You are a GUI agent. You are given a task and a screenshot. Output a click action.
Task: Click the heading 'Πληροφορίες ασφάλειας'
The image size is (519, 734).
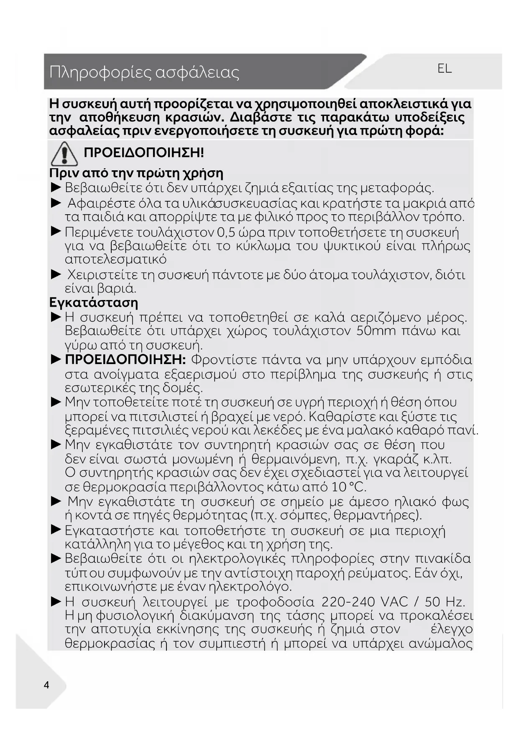coord(144,72)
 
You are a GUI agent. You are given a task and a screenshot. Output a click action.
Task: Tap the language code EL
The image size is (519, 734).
coord(445,68)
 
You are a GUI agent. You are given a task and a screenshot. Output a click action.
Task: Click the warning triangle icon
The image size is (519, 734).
coord(64,154)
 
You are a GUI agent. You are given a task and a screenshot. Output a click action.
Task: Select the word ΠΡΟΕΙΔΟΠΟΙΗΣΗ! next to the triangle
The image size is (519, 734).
coord(144,152)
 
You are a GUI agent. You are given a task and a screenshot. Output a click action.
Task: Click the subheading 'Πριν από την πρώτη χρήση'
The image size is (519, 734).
coord(136,173)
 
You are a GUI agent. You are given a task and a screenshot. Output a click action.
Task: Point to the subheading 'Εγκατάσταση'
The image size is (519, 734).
coord(94,302)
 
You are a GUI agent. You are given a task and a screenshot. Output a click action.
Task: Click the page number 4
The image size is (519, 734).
coord(46,685)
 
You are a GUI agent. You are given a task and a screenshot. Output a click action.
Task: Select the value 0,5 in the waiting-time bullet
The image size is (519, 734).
coord(227,232)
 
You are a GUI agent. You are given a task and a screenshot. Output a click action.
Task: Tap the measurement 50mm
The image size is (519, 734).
coord(376,331)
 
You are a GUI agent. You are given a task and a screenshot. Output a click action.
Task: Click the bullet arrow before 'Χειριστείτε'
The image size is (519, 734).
coord(56,275)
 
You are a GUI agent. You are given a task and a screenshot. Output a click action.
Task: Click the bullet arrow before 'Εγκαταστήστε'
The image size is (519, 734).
coord(56,530)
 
